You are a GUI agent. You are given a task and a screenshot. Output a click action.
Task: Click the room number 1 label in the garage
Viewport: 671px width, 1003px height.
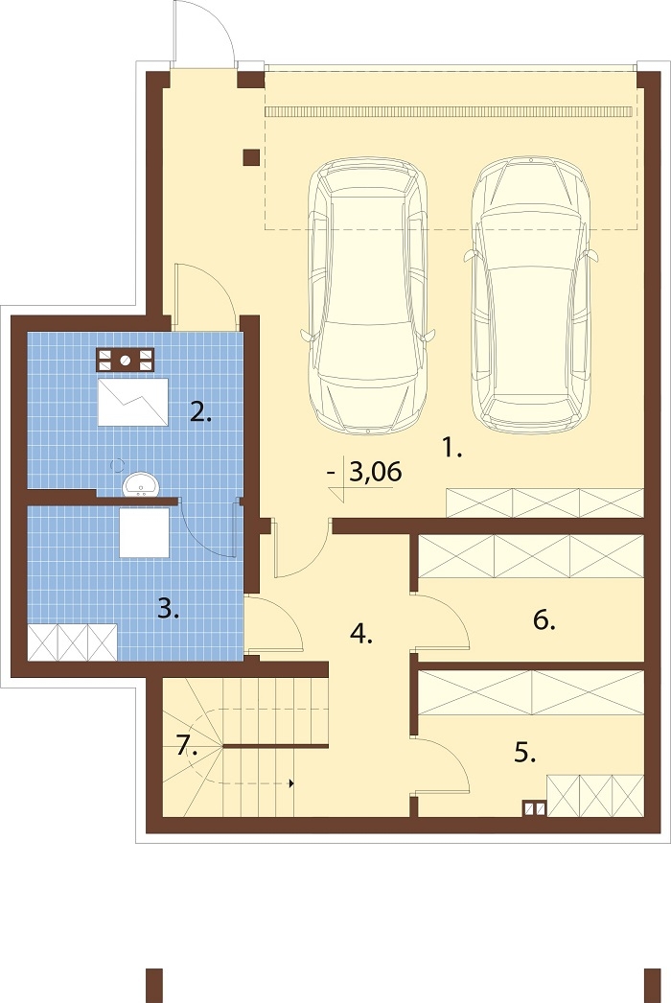[451, 449]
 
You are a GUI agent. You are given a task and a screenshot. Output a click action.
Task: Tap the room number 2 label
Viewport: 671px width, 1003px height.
[200, 412]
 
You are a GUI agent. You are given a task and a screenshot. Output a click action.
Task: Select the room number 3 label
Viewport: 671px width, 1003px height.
[169, 608]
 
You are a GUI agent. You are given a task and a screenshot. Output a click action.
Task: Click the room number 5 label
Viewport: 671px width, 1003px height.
[524, 752]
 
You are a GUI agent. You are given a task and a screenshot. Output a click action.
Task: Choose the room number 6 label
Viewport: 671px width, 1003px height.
[544, 619]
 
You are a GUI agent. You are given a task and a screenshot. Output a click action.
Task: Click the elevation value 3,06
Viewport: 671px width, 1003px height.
[376, 472]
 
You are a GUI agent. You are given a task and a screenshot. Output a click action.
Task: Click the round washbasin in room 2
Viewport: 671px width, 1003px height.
[140, 485]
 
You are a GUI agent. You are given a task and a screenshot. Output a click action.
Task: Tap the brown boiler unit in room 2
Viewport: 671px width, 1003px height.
[126, 361]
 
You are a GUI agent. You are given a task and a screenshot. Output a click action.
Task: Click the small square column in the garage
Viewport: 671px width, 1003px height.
[251, 157]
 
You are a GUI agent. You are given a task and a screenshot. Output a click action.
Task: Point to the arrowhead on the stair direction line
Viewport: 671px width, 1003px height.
[291, 783]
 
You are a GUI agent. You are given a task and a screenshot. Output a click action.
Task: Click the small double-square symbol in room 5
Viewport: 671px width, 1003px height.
[535, 809]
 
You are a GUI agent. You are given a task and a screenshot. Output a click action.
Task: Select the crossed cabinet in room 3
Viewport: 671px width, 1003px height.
[72, 642]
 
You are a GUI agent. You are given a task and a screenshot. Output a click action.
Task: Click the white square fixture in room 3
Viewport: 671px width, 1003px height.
[145, 532]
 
